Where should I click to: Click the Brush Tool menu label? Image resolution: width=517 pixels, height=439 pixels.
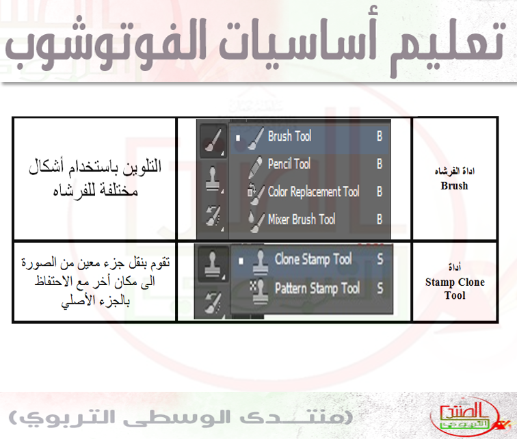[289, 136]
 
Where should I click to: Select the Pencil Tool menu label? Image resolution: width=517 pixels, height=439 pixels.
[289, 163]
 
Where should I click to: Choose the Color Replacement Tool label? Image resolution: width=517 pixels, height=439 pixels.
[314, 191]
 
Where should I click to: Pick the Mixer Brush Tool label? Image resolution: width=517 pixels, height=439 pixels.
[302, 219]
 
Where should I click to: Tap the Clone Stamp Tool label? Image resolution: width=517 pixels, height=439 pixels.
[313, 259]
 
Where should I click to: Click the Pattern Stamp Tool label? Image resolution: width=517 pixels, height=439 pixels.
[317, 288]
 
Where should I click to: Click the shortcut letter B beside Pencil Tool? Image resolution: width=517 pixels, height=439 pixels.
[380, 164]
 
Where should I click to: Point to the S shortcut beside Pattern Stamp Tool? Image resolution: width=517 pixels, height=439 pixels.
[380, 289]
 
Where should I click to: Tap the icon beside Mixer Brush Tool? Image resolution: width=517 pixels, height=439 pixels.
[256, 222]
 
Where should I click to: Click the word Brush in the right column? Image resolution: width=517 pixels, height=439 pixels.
[454, 186]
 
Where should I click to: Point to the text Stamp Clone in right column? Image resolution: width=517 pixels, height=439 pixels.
[455, 282]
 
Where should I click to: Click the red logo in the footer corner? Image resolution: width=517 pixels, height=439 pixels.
[468, 416]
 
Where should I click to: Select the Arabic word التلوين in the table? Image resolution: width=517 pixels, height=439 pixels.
[142, 166]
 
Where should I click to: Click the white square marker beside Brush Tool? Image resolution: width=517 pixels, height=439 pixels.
[238, 138]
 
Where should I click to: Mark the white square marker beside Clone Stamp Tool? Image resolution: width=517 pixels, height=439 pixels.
[241, 261]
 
